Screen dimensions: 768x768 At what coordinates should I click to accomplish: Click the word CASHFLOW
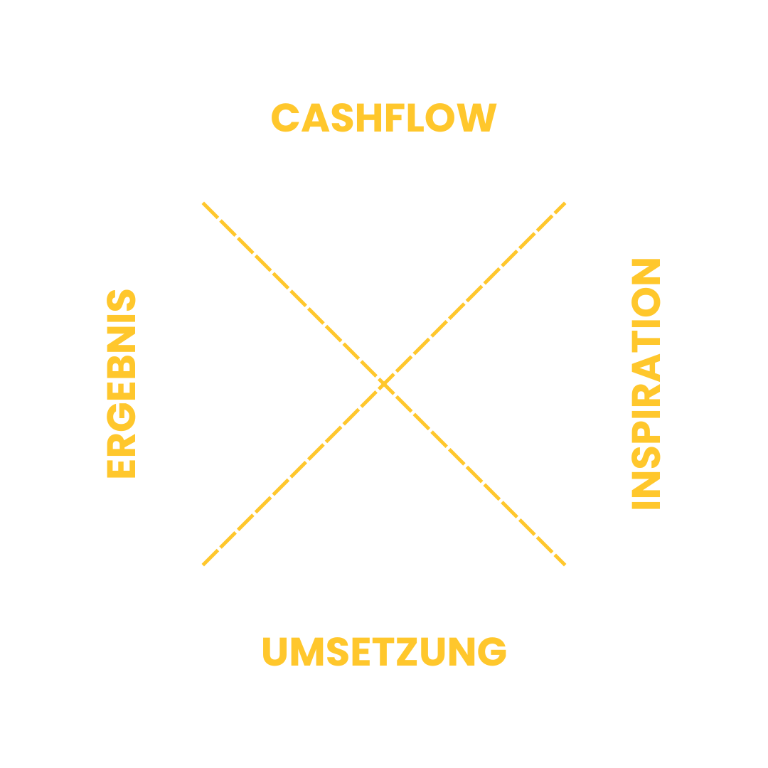point(383,118)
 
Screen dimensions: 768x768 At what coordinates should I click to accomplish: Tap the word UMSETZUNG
point(384,652)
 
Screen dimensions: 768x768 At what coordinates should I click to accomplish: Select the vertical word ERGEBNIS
point(121,383)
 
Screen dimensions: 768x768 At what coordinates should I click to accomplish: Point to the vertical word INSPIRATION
point(646,384)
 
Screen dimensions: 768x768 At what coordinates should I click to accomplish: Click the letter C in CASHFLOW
point(284,118)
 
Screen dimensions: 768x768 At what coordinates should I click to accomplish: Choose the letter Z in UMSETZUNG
point(412,652)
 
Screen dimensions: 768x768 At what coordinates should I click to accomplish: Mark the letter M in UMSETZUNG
point(307,652)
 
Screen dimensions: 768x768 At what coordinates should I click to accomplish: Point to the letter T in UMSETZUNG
point(388,652)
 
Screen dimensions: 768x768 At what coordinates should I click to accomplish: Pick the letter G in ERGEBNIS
point(121,421)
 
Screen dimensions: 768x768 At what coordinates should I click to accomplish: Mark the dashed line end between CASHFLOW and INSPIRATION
point(564,204)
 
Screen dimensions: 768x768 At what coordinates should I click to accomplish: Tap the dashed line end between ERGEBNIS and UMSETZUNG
point(204,564)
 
